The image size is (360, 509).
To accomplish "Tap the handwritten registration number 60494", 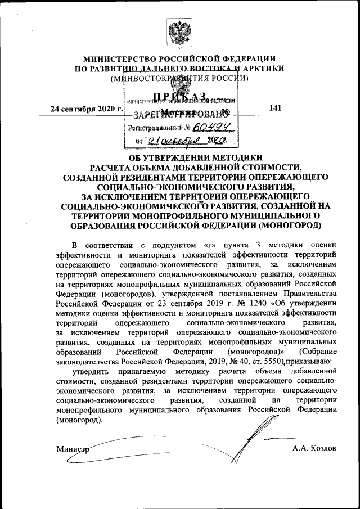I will [203, 128].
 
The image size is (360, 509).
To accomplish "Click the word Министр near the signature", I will [73, 448].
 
